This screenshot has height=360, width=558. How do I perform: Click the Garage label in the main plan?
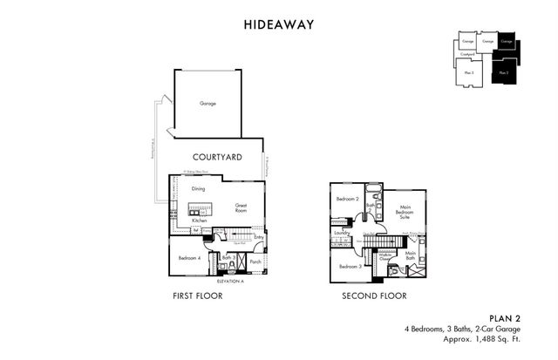[x=208, y=103]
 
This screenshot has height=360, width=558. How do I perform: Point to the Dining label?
[x=198, y=188]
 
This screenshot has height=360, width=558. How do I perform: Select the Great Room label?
[x=242, y=208]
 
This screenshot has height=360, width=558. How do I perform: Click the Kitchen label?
[x=199, y=221]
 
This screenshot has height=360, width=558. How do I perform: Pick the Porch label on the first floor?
[x=255, y=260]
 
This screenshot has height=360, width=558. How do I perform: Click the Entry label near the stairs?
[x=258, y=237]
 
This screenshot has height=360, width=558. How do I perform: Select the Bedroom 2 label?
[x=347, y=200]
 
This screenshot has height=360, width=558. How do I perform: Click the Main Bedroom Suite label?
[x=405, y=212]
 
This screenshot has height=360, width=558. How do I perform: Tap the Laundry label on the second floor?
[x=342, y=233]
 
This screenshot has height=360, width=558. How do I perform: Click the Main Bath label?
[x=410, y=255]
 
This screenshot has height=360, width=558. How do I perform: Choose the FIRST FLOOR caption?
[x=198, y=296]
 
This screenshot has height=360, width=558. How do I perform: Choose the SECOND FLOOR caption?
[x=376, y=296]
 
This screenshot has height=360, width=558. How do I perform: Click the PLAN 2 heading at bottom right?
[x=504, y=318]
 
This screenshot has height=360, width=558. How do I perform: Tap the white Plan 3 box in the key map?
[x=469, y=72]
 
